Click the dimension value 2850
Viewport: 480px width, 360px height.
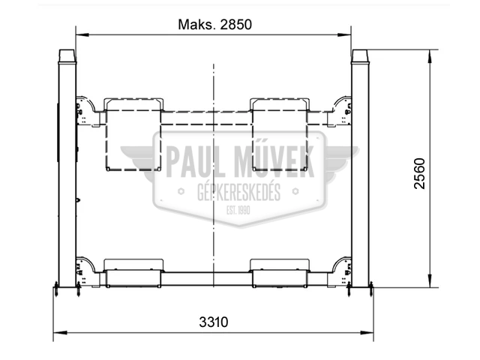(235, 25)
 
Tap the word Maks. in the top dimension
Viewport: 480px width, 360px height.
(196, 25)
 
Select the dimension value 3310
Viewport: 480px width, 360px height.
(214, 322)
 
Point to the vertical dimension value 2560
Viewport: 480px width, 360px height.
(419, 173)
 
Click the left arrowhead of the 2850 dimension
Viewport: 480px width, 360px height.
(82, 35)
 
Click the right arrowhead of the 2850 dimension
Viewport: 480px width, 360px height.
(345, 35)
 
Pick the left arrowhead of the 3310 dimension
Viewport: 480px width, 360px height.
(60, 333)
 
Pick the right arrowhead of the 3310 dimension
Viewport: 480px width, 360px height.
(367, 333)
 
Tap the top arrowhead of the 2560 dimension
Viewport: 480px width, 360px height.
(430, 56)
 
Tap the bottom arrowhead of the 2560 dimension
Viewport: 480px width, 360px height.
(430, 281)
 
